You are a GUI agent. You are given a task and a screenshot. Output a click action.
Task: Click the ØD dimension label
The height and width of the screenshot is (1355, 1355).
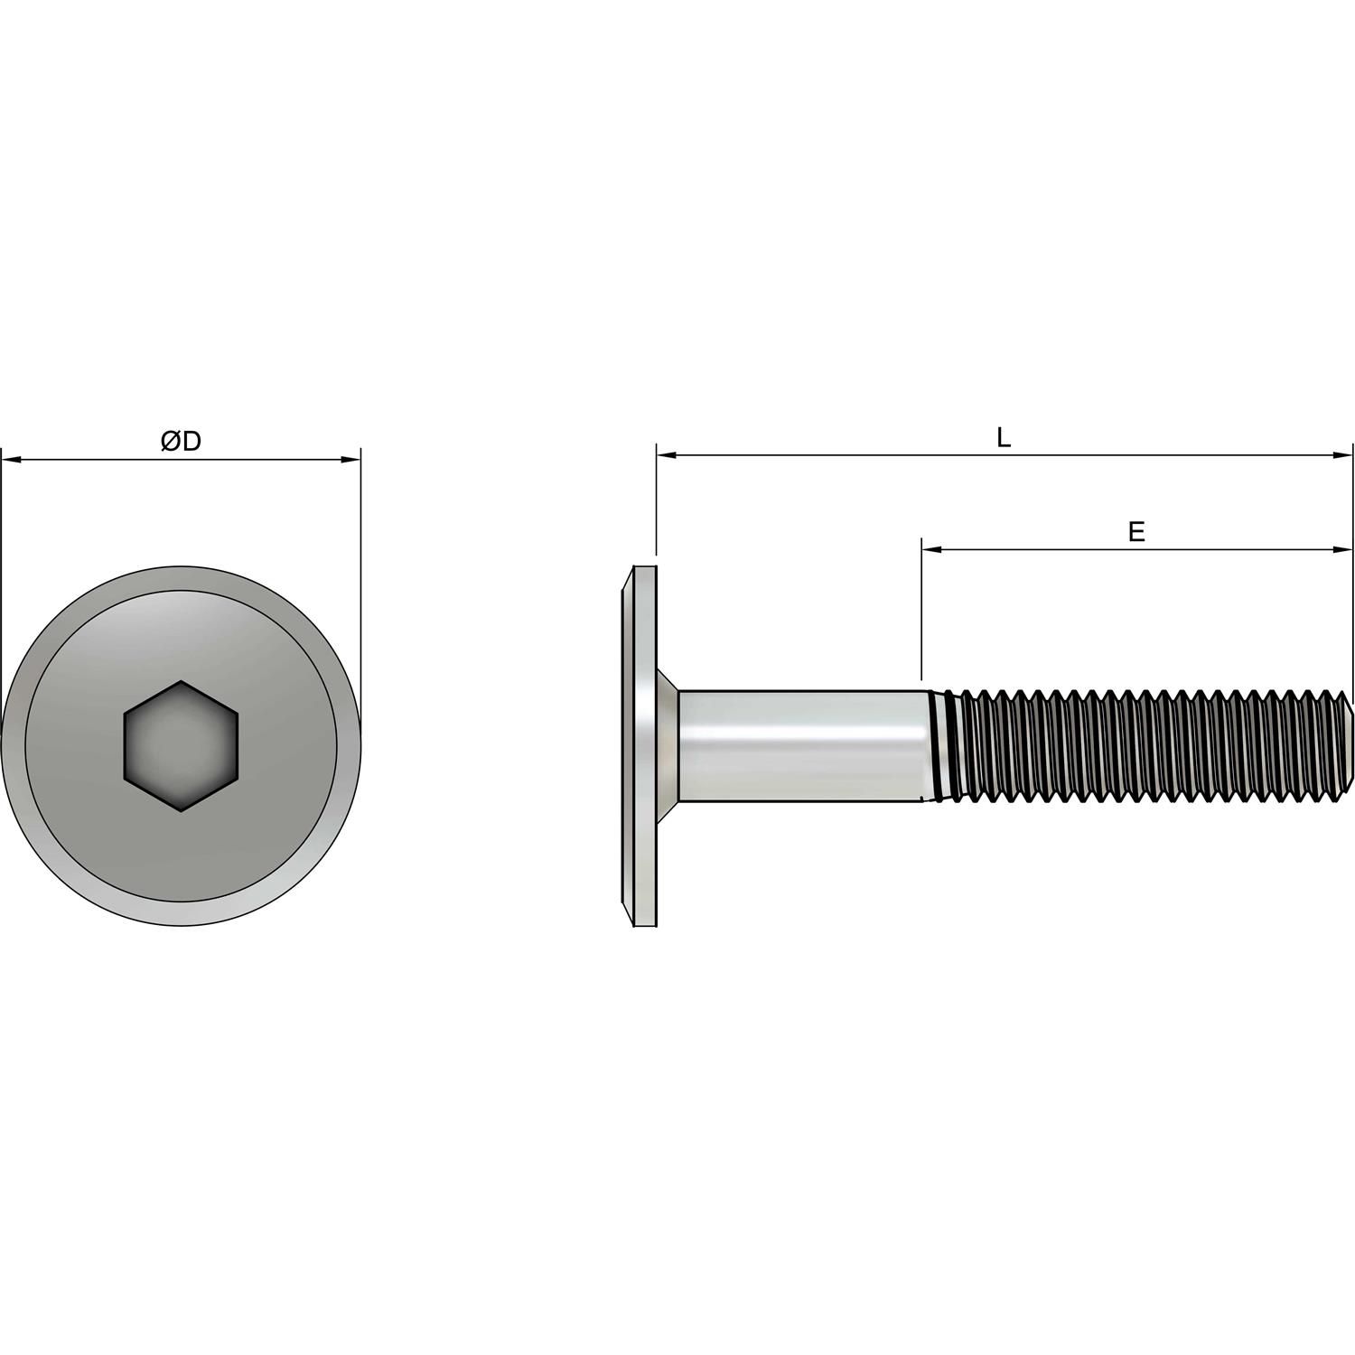[x=181, y=442]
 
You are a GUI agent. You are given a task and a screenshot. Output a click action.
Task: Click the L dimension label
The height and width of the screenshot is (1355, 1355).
[x=1003, y=438]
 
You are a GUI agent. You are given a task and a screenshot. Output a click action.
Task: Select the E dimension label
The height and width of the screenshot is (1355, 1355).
[x=1136, y=532]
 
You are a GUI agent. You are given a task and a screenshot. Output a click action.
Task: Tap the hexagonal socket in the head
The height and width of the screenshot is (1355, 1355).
[x=181, y=746]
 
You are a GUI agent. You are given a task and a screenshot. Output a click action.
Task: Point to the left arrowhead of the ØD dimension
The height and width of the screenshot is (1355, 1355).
[x=10, y=460]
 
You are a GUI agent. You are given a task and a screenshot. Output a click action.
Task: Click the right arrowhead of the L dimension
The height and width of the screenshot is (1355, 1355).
[x=1345, y=456]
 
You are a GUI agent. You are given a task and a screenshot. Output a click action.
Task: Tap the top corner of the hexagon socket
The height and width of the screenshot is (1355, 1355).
[x=181, y=682]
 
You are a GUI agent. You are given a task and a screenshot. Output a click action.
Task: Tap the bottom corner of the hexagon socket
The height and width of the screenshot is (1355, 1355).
[x=181, y=810]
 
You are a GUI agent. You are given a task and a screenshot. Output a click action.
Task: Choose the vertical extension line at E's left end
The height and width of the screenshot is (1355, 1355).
[x=921, y=614]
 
